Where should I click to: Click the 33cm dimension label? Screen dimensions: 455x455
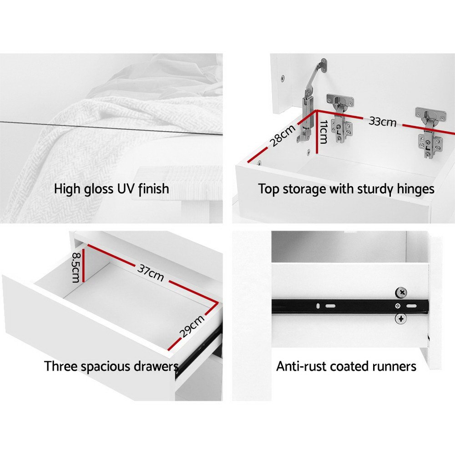click(x=383, y=121)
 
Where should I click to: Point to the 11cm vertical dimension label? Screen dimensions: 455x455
click(x=323, y=132)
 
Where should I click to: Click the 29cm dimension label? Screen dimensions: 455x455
click(x=192, y=326)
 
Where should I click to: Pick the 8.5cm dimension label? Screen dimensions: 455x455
click(x=76, y=267)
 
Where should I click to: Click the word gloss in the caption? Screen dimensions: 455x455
click(x=99, y=189)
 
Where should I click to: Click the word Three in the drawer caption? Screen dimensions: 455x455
click(x=61, y=366)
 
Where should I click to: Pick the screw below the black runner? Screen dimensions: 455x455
click(x=401, y=319)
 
